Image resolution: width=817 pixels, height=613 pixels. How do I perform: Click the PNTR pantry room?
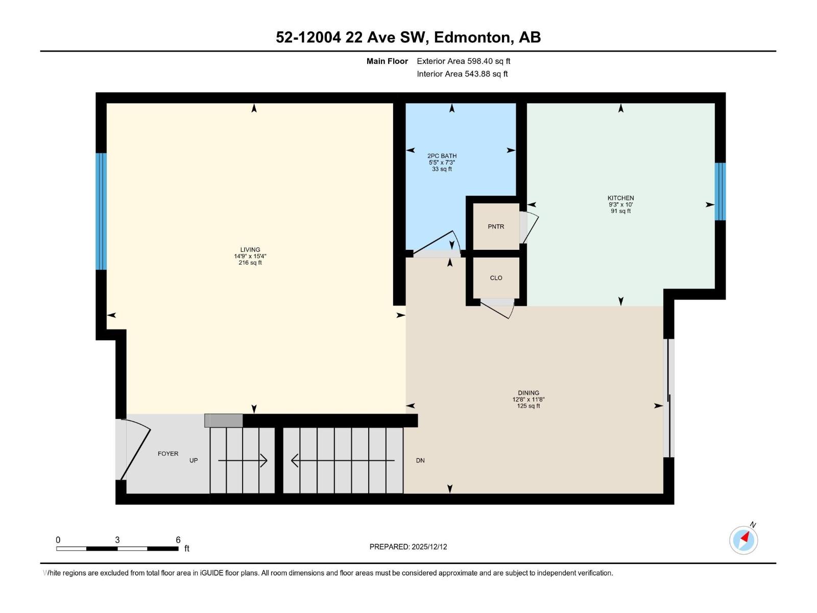(496, 226)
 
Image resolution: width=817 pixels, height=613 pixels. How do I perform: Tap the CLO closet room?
(496, 278)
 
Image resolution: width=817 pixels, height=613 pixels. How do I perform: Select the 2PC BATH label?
(442, 156)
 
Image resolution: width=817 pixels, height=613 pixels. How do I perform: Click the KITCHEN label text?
(620, 198)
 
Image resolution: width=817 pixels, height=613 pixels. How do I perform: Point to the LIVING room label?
(250, 250)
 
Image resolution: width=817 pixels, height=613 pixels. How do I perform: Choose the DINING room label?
(528, 393)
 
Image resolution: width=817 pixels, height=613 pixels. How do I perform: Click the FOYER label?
(168, 454)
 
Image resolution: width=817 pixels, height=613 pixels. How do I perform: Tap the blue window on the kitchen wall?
(720, 192)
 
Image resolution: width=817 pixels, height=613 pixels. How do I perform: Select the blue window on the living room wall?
(102, 211)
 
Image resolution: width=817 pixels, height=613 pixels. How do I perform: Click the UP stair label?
(194, 460)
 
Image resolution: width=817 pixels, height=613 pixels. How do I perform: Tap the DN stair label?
(420, 460)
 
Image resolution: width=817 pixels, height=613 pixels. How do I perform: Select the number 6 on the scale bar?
(178, 540)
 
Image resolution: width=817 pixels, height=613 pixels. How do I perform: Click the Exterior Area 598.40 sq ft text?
(463, 61)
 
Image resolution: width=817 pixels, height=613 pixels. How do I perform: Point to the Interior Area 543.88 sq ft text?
(462, 74)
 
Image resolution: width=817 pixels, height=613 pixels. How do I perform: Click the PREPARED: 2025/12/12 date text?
(408, 547)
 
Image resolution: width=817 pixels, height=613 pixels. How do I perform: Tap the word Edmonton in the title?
(473, 37)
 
